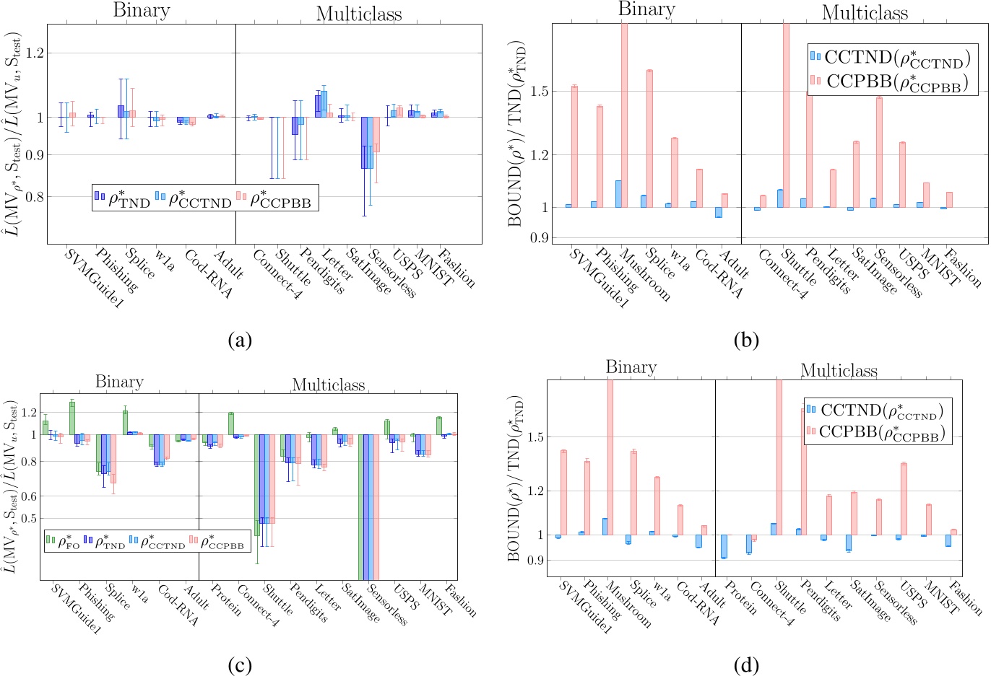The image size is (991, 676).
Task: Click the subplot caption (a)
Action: click(238, 339)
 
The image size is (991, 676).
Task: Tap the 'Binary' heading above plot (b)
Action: click(646, 10)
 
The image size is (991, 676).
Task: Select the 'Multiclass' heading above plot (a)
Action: click(359, 14)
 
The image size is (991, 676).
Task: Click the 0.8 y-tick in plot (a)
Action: click(35, 196)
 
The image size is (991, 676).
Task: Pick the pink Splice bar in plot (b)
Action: click(649, 139)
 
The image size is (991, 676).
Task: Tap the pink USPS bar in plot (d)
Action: click(903, 499)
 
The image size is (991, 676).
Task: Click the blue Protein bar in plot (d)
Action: click(724, 546)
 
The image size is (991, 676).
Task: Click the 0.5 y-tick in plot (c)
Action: click(29, 518)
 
